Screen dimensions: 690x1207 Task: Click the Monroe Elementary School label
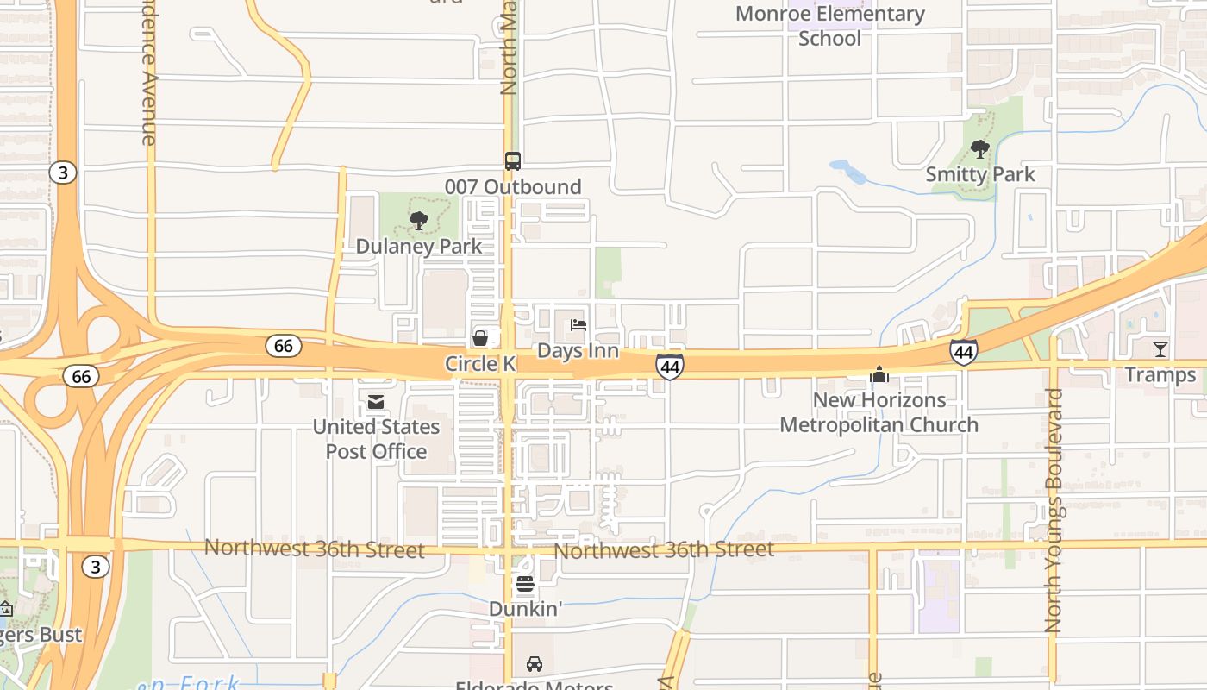click(x=830, y=26)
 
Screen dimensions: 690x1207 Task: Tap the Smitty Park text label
click(x=980, y=174)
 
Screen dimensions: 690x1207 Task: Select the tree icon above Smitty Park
click(x=980, y=149)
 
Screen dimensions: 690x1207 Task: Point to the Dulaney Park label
click(x=419, y=246)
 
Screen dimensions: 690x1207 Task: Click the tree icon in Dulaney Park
click(x=419, y=221)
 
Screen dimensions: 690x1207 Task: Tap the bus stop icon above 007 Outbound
click(x=513, y=161)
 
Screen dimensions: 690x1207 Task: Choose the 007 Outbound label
click(x=513, y=186)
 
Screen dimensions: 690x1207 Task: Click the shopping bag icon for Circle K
click(x=480, y=337)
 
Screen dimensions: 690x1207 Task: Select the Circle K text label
click(x=479, y=363)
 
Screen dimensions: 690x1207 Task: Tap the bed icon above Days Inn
click(x=578, y=325)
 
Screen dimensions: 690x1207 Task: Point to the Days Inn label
click(x=578, y=350)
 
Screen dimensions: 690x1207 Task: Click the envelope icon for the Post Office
click(x=376, y=402)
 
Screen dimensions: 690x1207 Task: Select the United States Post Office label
click(x=376, y=439)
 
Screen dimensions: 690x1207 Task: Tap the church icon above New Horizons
click(x=879, y=374)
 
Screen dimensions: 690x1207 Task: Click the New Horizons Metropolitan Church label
click(x=879, y=412)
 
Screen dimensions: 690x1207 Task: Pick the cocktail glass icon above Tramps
click(x=1160, y=349)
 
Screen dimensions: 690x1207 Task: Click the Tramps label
click(x=1160, y=374)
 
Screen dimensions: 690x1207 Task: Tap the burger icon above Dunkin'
click(x=525, y=584)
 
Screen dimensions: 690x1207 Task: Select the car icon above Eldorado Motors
click(x=535, y=664)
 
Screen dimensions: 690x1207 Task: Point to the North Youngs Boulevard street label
click(x=1053, y=511)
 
